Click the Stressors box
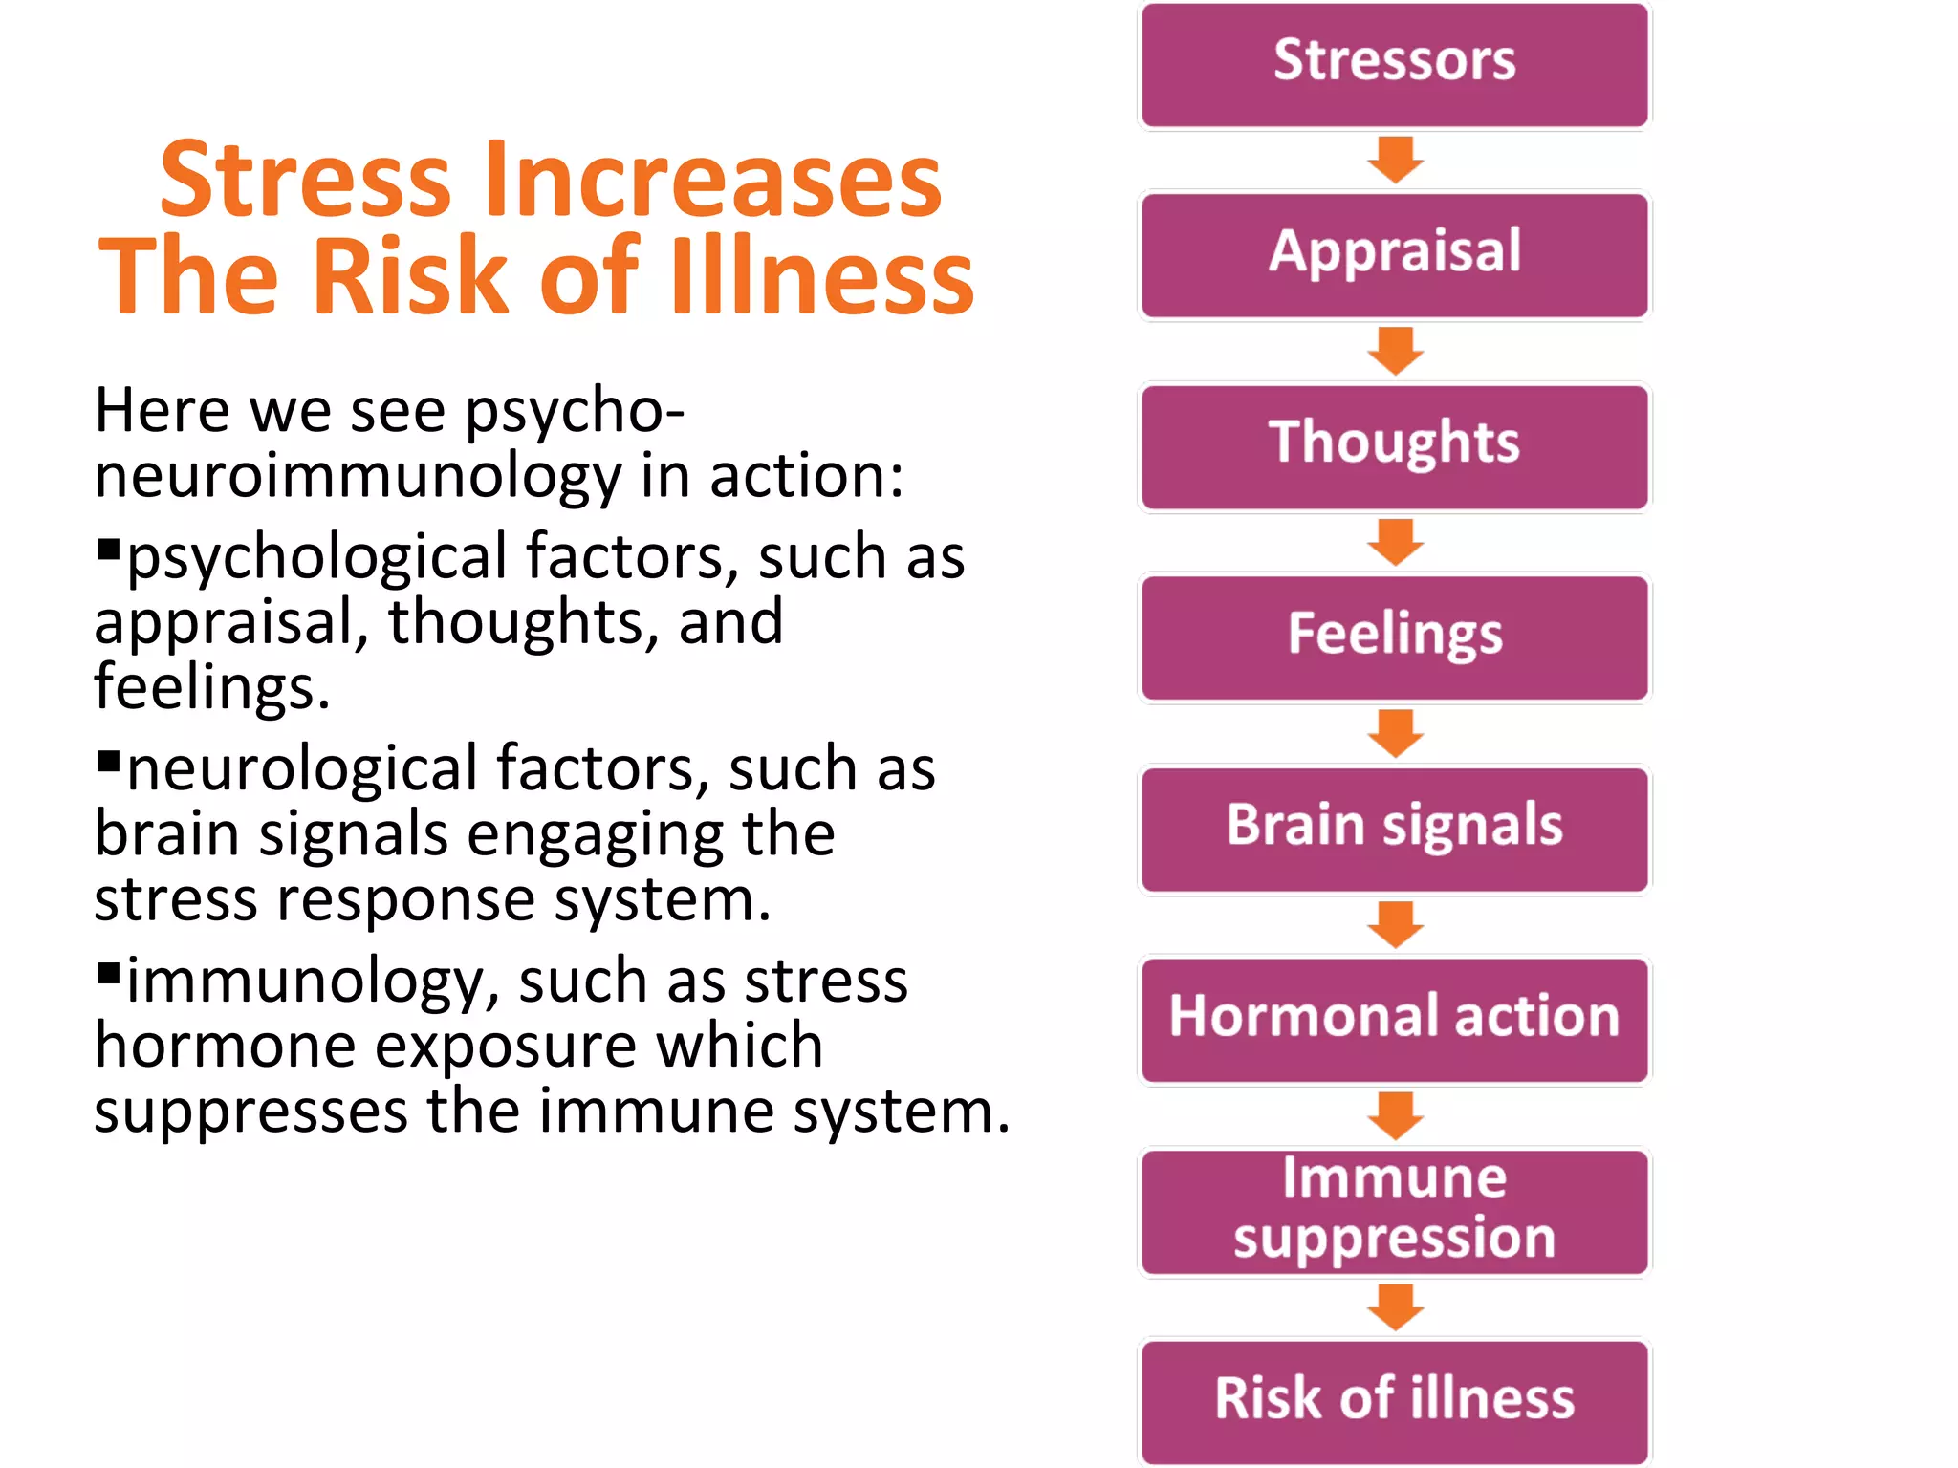[x=1394, y=64]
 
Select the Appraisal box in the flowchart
[x=1394, y=255]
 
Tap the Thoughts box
[x=1394, y=446]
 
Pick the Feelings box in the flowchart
[x=1394, y=637]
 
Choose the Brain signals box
[x=1394, y=829]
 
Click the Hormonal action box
[x=1394, y=1020]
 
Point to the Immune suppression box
[x=1394, y=1211]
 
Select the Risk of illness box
[x=1394, y=1400]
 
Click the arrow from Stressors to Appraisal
[x=1396, y=160]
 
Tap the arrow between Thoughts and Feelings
[x=1396, y=542]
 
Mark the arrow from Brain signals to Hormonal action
[x=1396, y=924]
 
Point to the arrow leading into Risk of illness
[x=1396, y=1306]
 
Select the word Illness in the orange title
[x=822, y=277]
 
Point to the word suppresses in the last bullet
[x=250, y=1113]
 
